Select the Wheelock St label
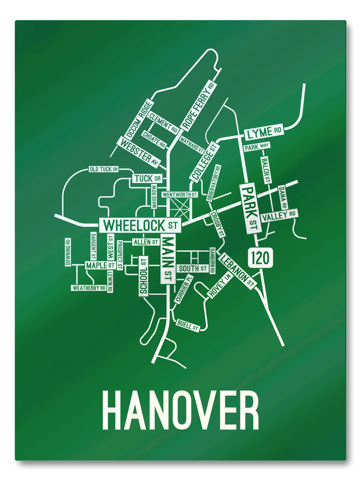pyautogui.click(x=140, y=225)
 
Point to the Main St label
pyautogui.click(x=168, y=259)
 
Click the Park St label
pyautogui.click(x=250, y=208)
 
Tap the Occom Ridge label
pyautogui.click(x=138, y=119)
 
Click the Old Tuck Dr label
pyautogui.click(x=103, y=170)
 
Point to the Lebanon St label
pyautogui.click(x=238, y=271)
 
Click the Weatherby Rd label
pyautogui.click(x=89, y=288)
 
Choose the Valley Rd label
pyautogui.click(x=279, y=215)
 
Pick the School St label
pyautogui.click(x=144, y=276)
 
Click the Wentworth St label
pyautogui.click(x=180, y=194)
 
